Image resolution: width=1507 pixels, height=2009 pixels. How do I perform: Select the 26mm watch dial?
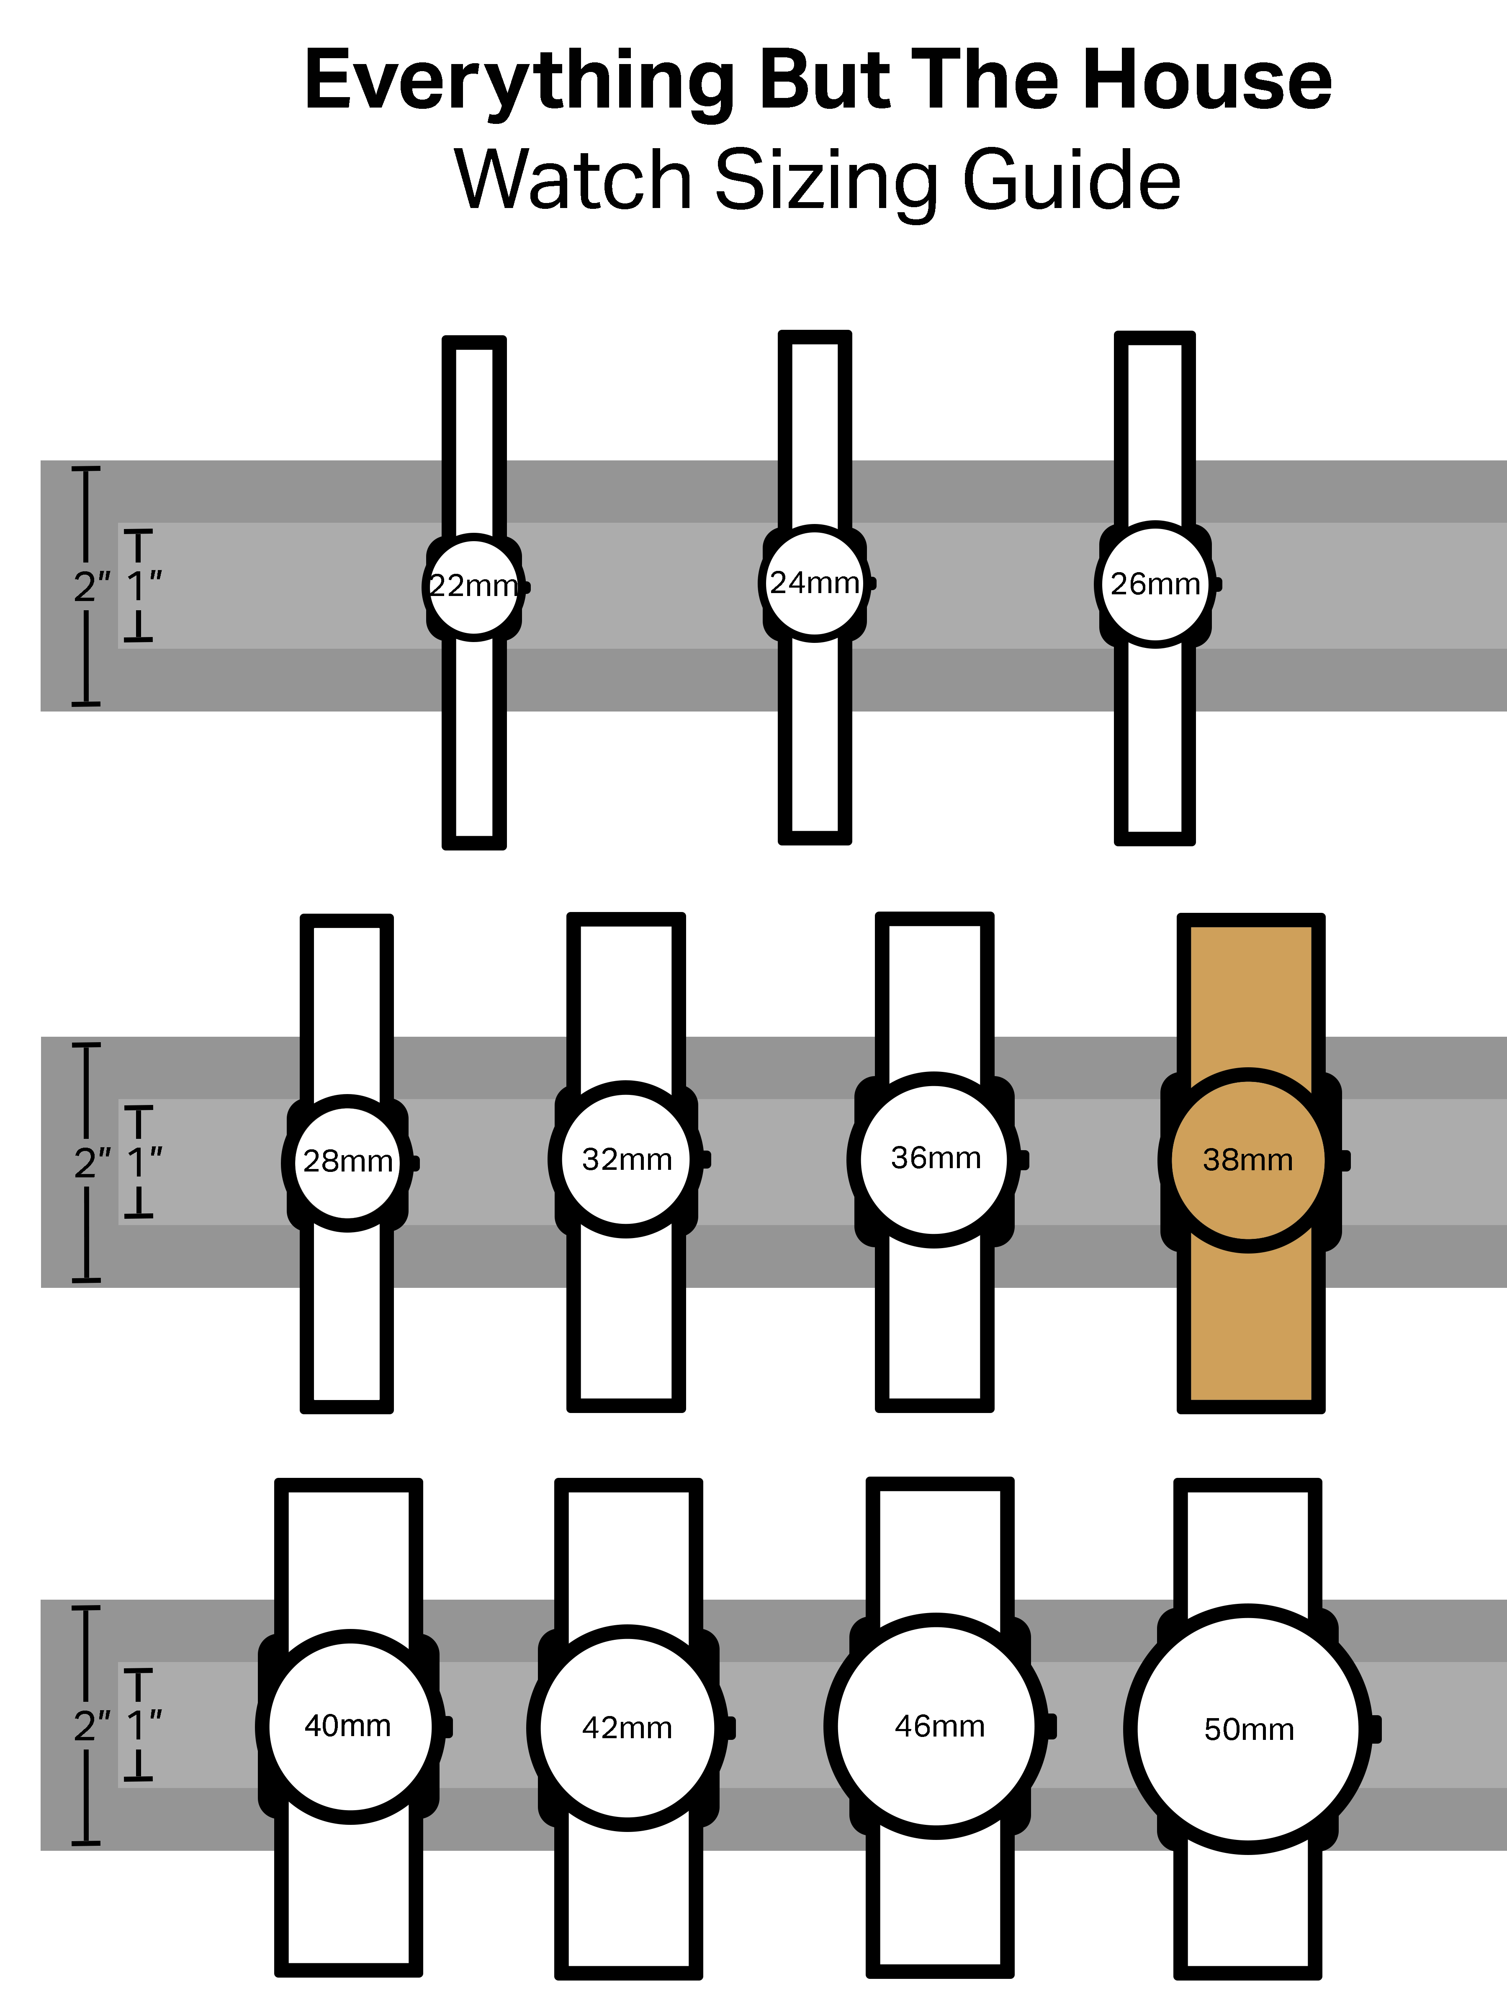coord(1155,584)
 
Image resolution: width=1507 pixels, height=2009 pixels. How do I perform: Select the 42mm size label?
coord(627,1727)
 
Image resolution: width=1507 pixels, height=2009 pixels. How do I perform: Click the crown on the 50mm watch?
coord(1375,1729)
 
